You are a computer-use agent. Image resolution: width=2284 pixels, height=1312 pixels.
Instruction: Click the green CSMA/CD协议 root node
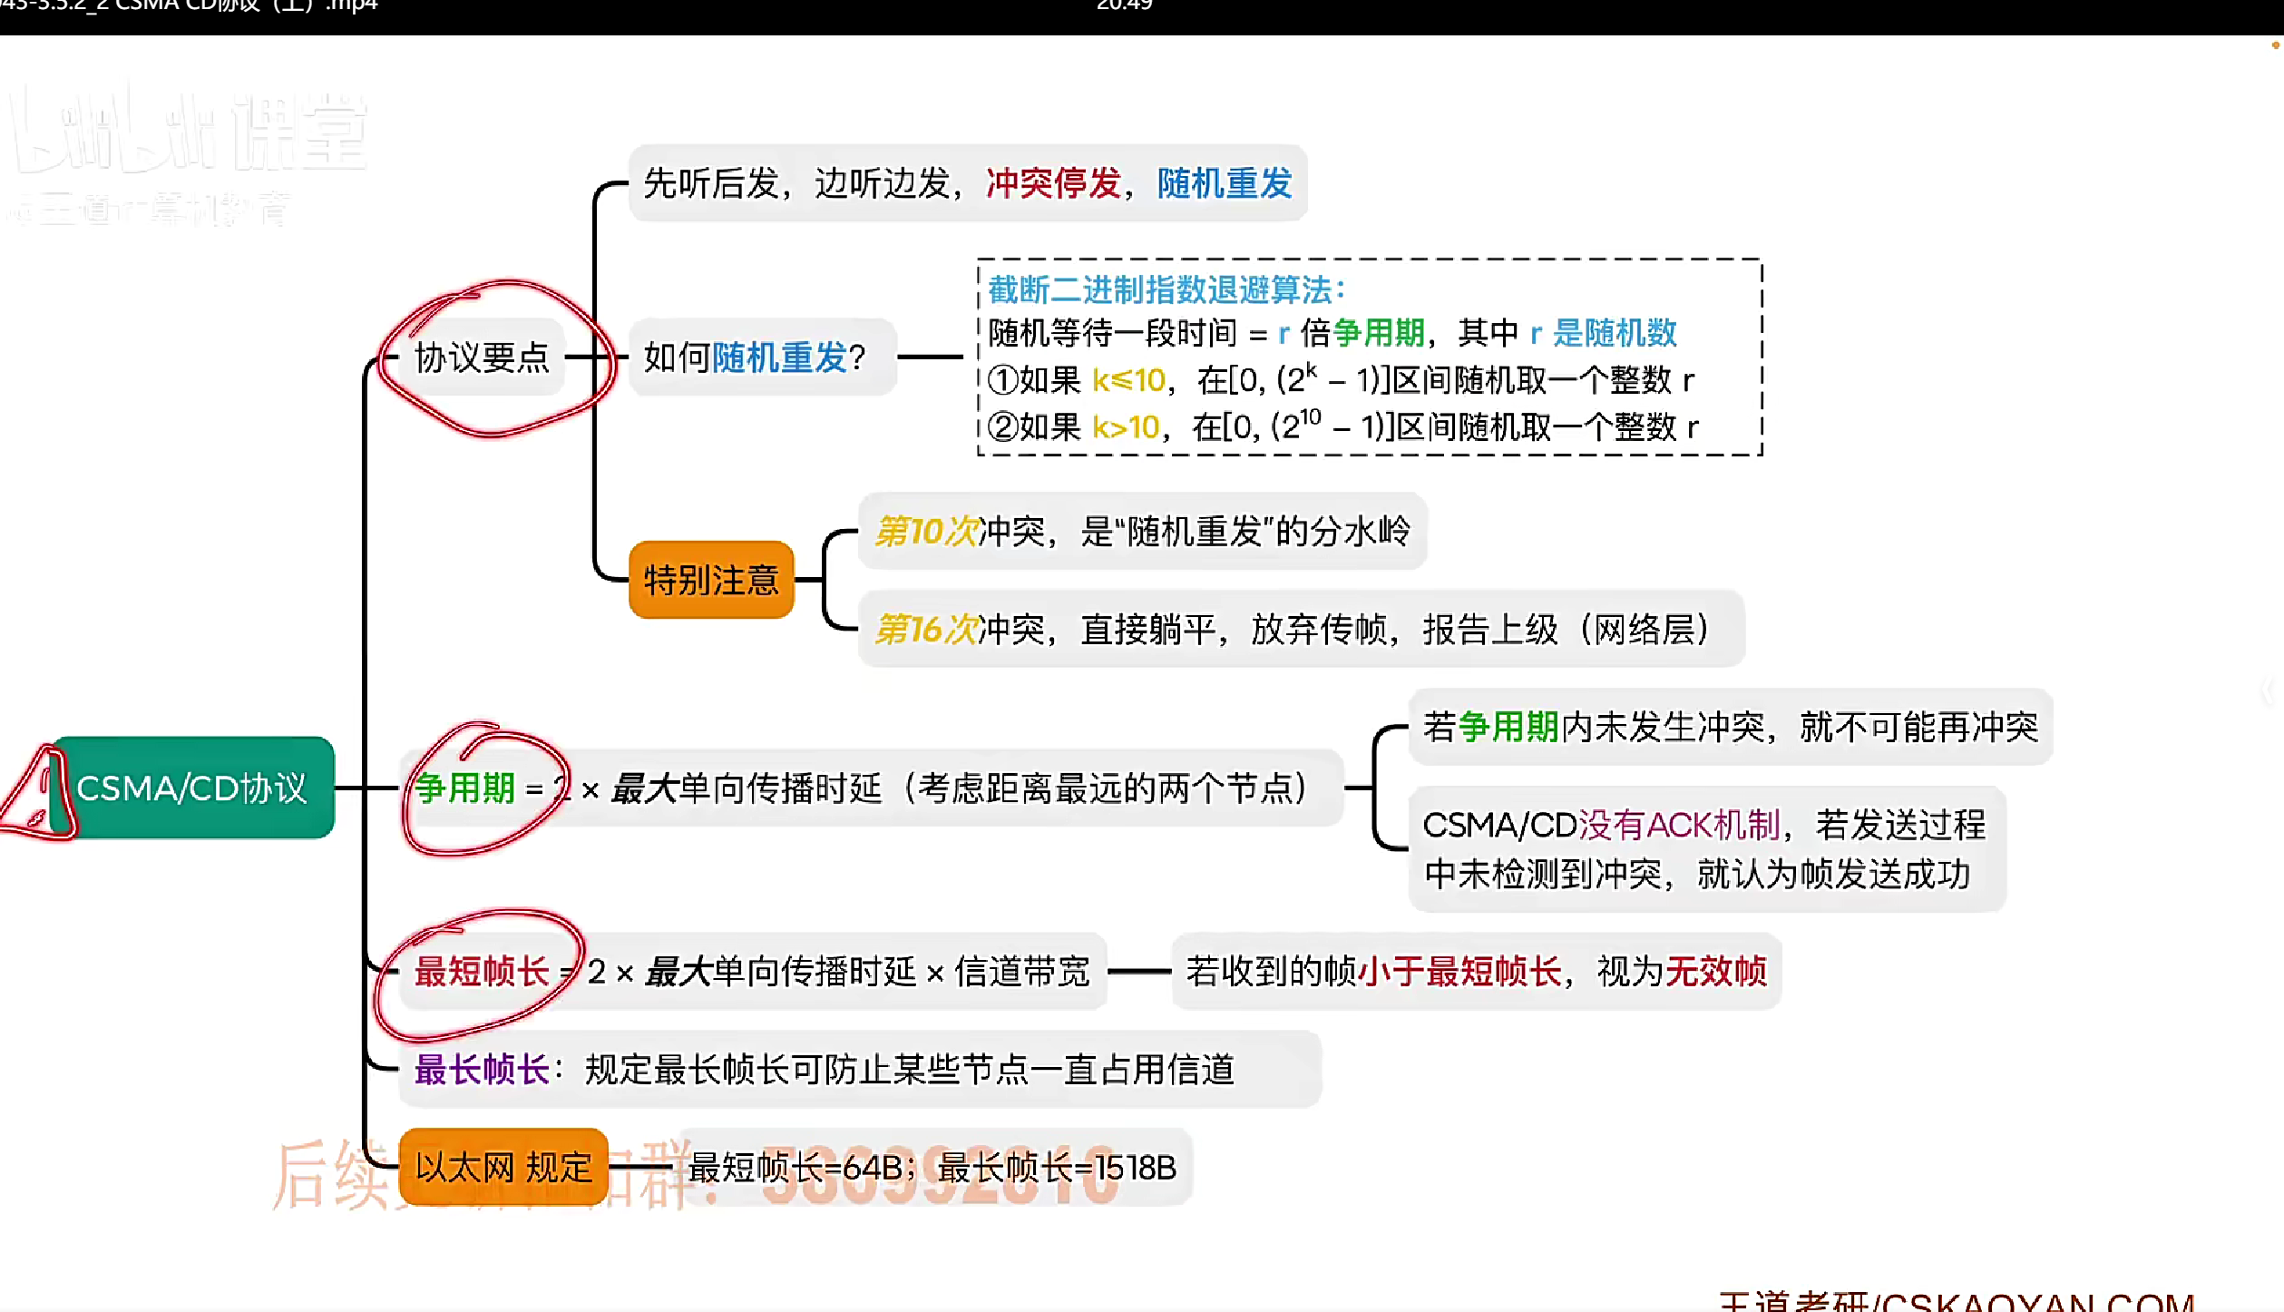pyautogui.click(x=192, y=788)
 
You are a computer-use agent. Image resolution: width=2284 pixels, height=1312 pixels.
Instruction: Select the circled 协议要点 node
pyautogui.click(x=482, y=357)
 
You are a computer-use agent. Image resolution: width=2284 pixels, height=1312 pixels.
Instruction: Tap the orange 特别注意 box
pyautogui.click(x=711, y=580)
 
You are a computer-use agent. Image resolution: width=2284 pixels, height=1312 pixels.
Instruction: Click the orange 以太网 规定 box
pyautogui.click(x=503, y=1167)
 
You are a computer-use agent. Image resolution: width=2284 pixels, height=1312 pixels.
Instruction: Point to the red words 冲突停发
pyautogui.click(x=1053, y=183)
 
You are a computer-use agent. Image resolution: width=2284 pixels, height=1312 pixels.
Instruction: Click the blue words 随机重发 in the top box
pyautogui.click(x=1224, y=183)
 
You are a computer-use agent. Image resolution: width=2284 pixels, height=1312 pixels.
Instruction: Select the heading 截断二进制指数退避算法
pyautogui.click(x=1165, y=290)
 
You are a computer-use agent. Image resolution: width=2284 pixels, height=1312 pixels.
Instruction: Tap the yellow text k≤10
pyautogui.click(x=1128, y=380)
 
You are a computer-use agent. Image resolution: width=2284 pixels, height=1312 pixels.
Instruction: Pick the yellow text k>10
pyautogui.click(x=1126, y=427)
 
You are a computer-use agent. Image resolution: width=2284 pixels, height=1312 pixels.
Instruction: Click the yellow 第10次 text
pyautogui.click(x=927, y=532)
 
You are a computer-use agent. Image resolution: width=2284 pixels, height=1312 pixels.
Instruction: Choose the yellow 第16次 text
pyautogui.click(x=927, y=630)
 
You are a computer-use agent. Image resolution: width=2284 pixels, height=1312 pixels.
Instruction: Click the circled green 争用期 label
pyautogui.click(x=465, y=788)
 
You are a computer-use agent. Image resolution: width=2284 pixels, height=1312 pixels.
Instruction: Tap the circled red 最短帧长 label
pyautogui.click(x=482, y=972)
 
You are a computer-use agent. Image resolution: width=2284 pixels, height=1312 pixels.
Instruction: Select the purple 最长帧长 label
pyautogui.click(x=482, y=1070)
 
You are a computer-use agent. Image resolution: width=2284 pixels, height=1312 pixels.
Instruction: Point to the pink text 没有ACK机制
pyautogui.click(x=1680, y=826)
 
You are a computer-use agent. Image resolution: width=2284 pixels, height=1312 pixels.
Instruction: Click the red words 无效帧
pyautogui.click(x=1717, y=972)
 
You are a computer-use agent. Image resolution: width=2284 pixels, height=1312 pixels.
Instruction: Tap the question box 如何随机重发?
pyautogui.click(x=755, y=357)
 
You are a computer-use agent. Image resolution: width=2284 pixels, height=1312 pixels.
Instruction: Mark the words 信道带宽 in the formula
pyautogui.click(x=1022, y=972)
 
